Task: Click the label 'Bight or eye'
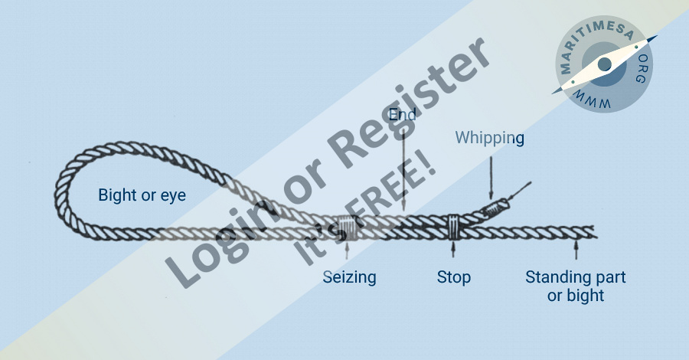click(142, 195)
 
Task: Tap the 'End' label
click(403, 115)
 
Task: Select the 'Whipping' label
click(489, 138)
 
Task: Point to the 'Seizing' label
click(349, 277)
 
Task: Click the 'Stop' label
click(453, 277)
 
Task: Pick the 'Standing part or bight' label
click(575, 285)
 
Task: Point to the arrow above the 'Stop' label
click(453, 249)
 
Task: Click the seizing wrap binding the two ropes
click(348, 227)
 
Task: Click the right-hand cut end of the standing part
click(596, 230)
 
